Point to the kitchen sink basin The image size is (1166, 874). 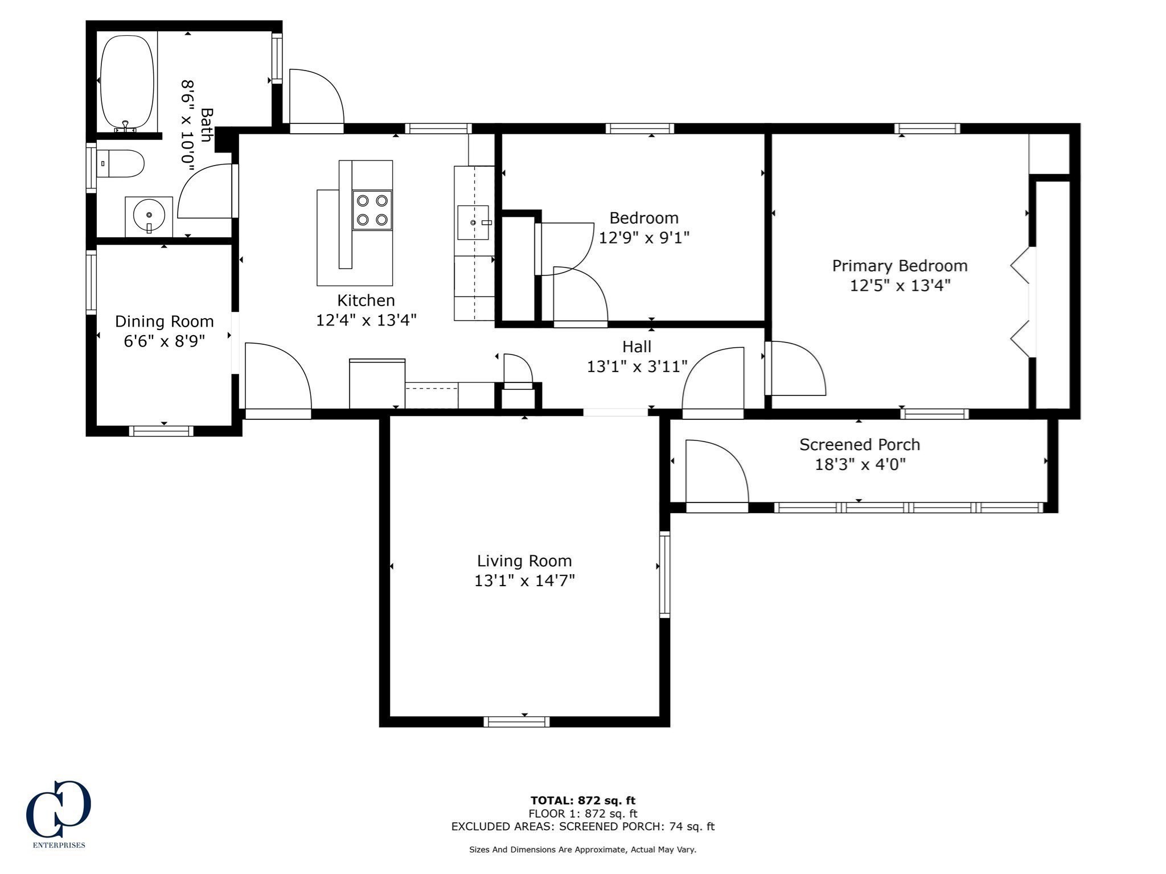point(473,222)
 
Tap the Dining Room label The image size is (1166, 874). point(165,321)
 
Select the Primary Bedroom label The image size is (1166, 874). point(900,266)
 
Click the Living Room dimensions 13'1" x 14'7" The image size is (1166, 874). point(524,581)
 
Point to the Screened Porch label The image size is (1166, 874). point(859,444)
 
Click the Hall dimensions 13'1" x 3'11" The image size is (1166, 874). point(637,366)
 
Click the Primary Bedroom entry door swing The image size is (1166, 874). point(795,368)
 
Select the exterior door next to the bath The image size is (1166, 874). point(315,98)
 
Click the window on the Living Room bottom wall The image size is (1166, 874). point(516,722)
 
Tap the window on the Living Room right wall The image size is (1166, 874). point(664,574)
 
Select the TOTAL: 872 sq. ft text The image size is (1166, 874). point(582,801)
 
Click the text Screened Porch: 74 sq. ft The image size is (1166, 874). point(637,827)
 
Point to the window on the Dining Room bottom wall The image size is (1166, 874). point(161,431)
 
